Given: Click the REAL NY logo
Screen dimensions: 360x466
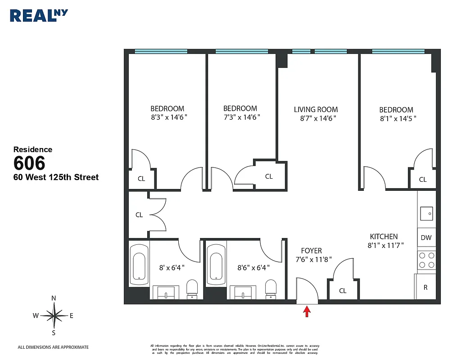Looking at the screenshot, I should pos(39,15).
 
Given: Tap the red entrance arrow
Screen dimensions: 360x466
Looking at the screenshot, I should pos(307,311).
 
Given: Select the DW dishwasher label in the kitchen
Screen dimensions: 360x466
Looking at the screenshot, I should pos(425,238).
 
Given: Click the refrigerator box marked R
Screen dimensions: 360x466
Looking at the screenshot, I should pos(425,287).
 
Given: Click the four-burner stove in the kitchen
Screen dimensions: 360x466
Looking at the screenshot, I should pos(426,260).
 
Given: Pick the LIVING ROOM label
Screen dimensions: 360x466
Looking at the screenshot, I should pos(316,109).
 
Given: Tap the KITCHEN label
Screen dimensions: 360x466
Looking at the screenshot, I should pos(384,236).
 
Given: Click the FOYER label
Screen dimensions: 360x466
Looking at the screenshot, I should pos(312,251).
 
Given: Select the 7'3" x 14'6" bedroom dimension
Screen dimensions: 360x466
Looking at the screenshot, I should pos(242,117).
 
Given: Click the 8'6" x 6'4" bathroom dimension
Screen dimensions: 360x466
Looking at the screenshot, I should pos(253,267).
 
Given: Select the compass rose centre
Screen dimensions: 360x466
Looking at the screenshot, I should pos(54,315).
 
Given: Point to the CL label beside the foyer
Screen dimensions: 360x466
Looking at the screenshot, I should pos(343,291).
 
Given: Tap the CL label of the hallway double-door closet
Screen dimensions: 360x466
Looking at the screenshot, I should pos(139,215).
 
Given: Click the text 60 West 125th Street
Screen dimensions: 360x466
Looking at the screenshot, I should pos(56,177).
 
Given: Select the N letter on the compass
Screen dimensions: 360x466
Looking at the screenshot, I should pos(54,298).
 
